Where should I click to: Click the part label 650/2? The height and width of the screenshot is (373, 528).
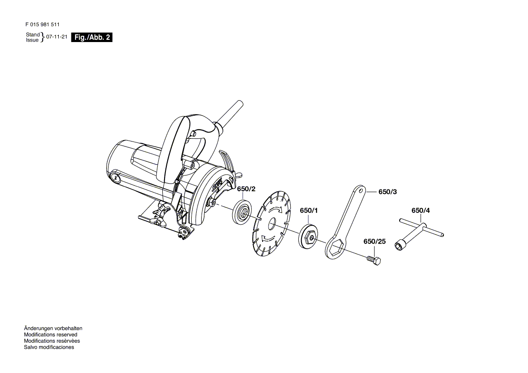(246, 189)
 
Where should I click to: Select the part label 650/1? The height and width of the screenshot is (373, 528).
(309, 210)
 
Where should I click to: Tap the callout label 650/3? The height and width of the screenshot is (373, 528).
(387, 192)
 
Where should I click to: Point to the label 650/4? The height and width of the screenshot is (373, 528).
(420, 210)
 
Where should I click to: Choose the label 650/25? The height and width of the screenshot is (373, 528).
(374, 241)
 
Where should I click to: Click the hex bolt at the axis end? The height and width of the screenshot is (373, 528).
(374, 260)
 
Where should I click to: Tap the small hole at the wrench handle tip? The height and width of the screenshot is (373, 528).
(361, 190)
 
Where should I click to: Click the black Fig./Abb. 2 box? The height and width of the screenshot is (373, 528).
(92, 38)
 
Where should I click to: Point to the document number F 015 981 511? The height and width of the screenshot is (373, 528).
(42, 24)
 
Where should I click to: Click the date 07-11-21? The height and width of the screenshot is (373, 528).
(57, 37)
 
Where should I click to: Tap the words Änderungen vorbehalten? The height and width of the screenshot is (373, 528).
(53, 328)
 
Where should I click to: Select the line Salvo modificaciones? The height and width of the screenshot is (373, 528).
(49, 347)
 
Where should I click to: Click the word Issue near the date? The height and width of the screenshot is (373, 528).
(33, 40)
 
